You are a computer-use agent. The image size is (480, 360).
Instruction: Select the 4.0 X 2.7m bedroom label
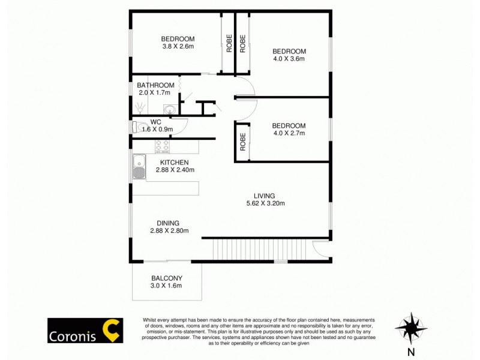pyautogui.click(x=289, y=125)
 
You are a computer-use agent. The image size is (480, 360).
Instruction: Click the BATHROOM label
pyautogui.click(x=155, y=85)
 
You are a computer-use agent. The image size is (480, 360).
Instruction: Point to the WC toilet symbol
pyautogui.click(x=139, y=127)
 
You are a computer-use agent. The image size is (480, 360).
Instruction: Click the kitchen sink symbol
pyautogui.click(x=139, y=167)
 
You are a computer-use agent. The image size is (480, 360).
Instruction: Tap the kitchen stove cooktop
pyautogui.click(x=162, y=146)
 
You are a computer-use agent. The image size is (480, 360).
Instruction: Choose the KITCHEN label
pyautogui.click(x=175, y=163)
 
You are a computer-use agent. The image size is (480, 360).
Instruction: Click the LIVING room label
pyautogui.click(x=264, y=196)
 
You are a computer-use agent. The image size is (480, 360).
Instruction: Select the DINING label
pyautogui.click(x=169, y=223)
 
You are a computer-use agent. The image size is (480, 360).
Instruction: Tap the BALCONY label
pyautogui.click(x=167, y=278)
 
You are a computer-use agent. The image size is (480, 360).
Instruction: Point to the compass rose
pyautogui.click(x=410, y=328)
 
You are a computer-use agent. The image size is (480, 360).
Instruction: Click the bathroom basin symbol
pyautogui.click(x=170, y=110)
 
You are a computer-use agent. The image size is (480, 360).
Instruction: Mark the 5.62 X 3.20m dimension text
pyautogui.click(x=265, y=203)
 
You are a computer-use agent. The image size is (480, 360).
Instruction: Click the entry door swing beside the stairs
pyautogui.click(x=322, y=249)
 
